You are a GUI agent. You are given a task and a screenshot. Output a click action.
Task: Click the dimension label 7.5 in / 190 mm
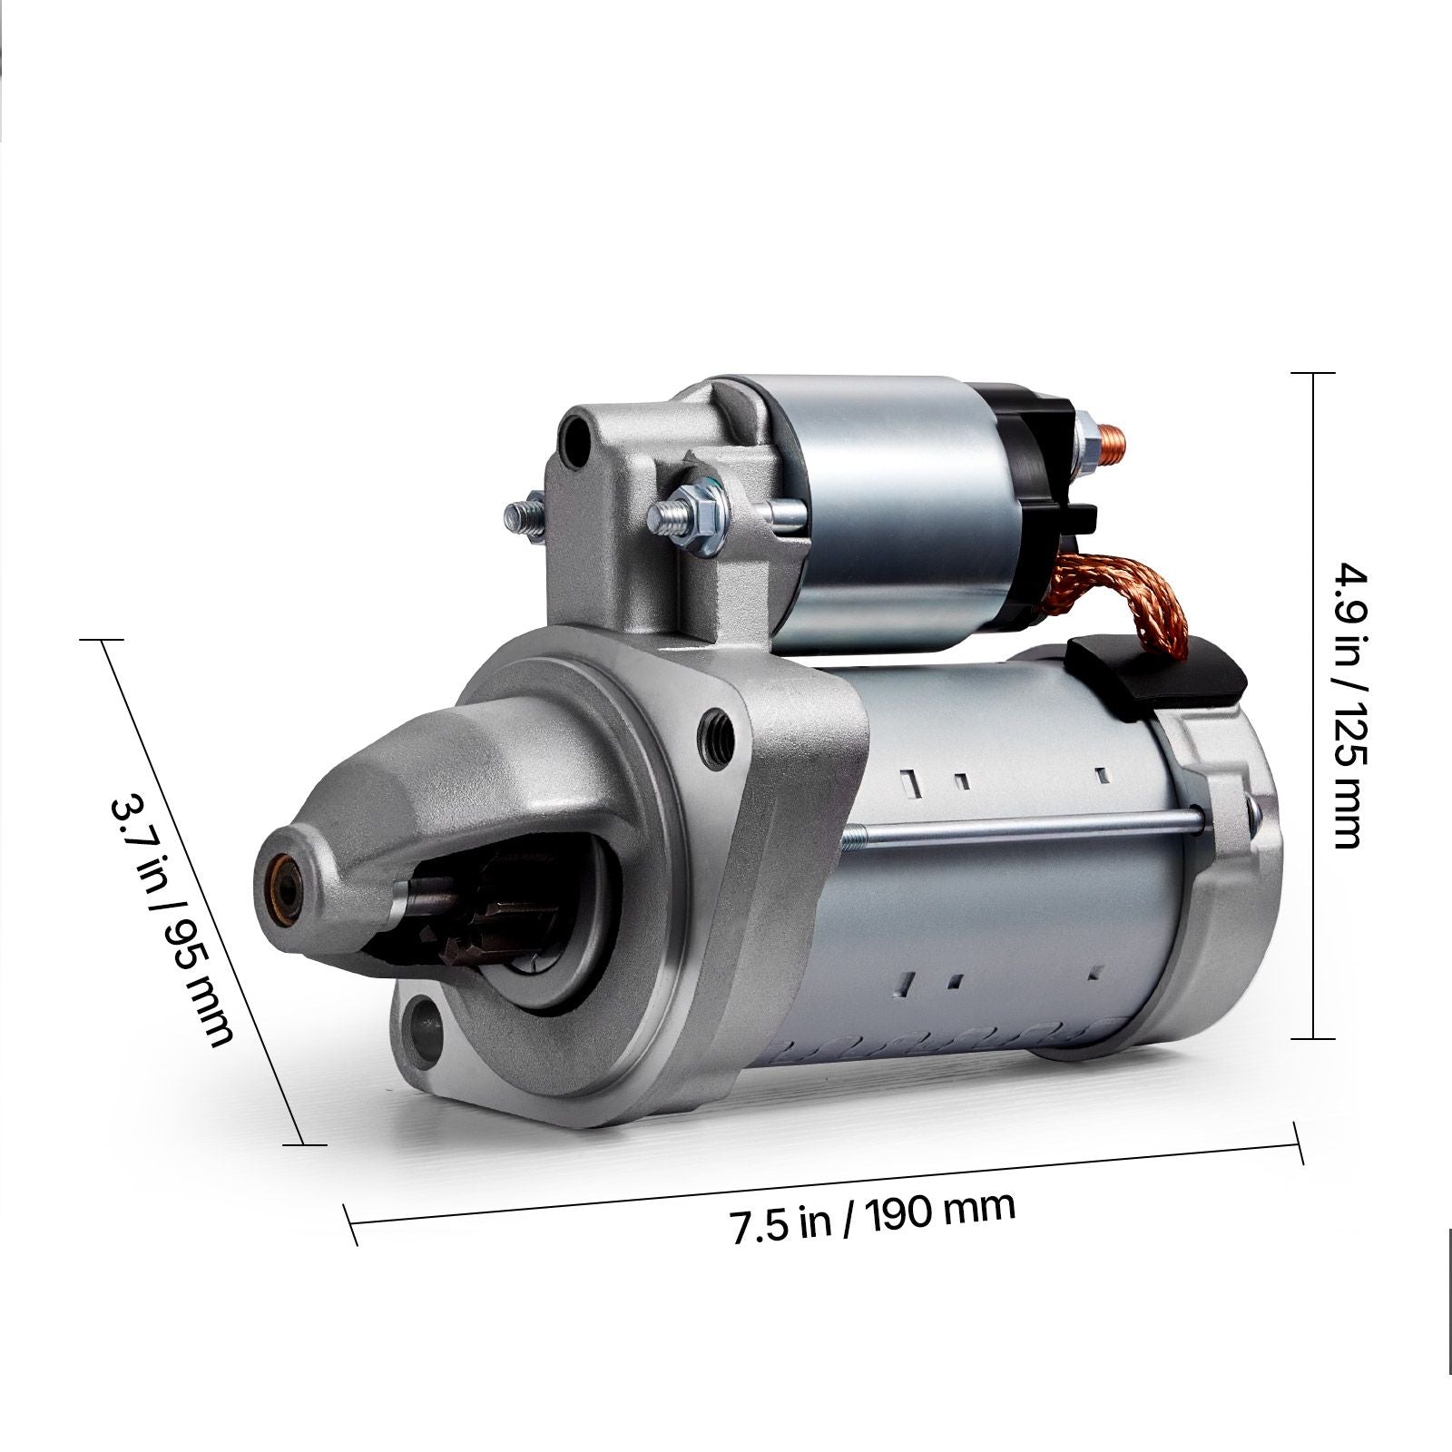coord(872,1212)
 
